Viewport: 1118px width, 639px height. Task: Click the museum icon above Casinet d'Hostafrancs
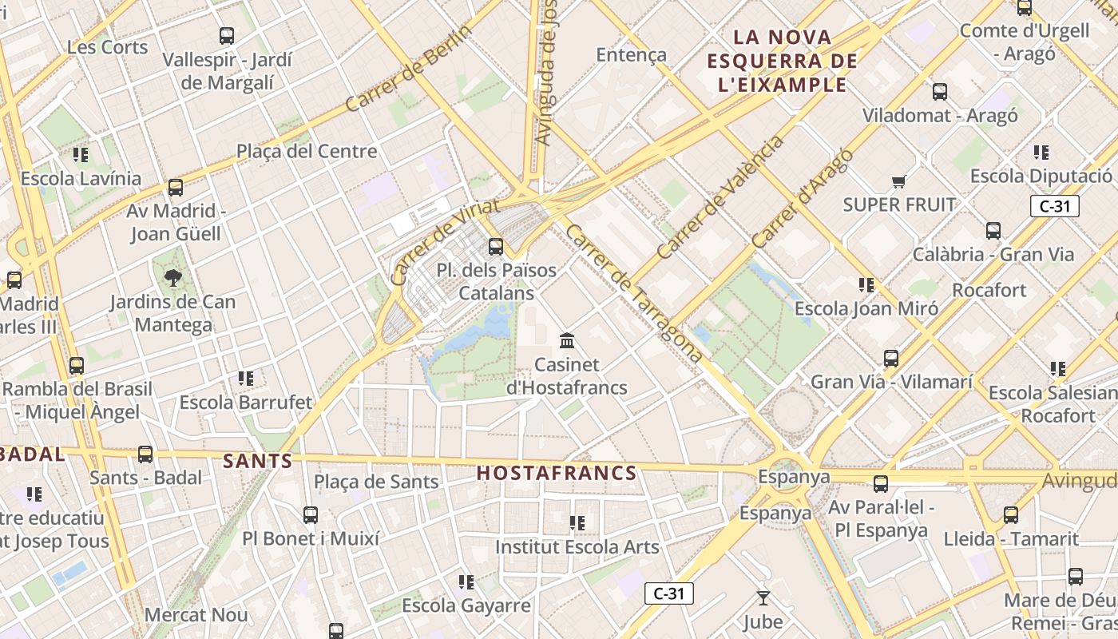(567, 341)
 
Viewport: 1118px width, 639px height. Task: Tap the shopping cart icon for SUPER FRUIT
(899, 181)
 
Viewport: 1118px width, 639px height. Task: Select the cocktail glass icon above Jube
(763, 597)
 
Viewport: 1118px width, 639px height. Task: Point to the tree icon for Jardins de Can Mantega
(172, 278)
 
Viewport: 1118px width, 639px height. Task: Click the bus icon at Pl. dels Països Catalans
(496, 247)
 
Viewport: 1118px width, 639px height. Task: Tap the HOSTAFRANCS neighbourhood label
(557, 473)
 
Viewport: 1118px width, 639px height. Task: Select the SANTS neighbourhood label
(258, 461)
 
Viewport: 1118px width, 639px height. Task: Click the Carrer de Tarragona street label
(634, 292)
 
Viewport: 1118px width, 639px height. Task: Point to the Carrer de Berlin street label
(409, 68)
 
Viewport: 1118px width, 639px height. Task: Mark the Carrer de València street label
(720, 197)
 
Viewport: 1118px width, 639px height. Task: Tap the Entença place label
(631, 54)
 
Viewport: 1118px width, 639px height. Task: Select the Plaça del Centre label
(307, 151)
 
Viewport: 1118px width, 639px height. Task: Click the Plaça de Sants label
(376, 482)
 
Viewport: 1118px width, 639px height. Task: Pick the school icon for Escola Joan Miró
(866, 284)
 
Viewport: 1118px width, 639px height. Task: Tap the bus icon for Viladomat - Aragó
(940, 92)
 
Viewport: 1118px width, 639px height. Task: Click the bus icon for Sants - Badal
(145, 454)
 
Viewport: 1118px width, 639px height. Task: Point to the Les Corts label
(108, 47)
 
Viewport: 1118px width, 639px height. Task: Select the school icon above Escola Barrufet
(246, 378)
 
